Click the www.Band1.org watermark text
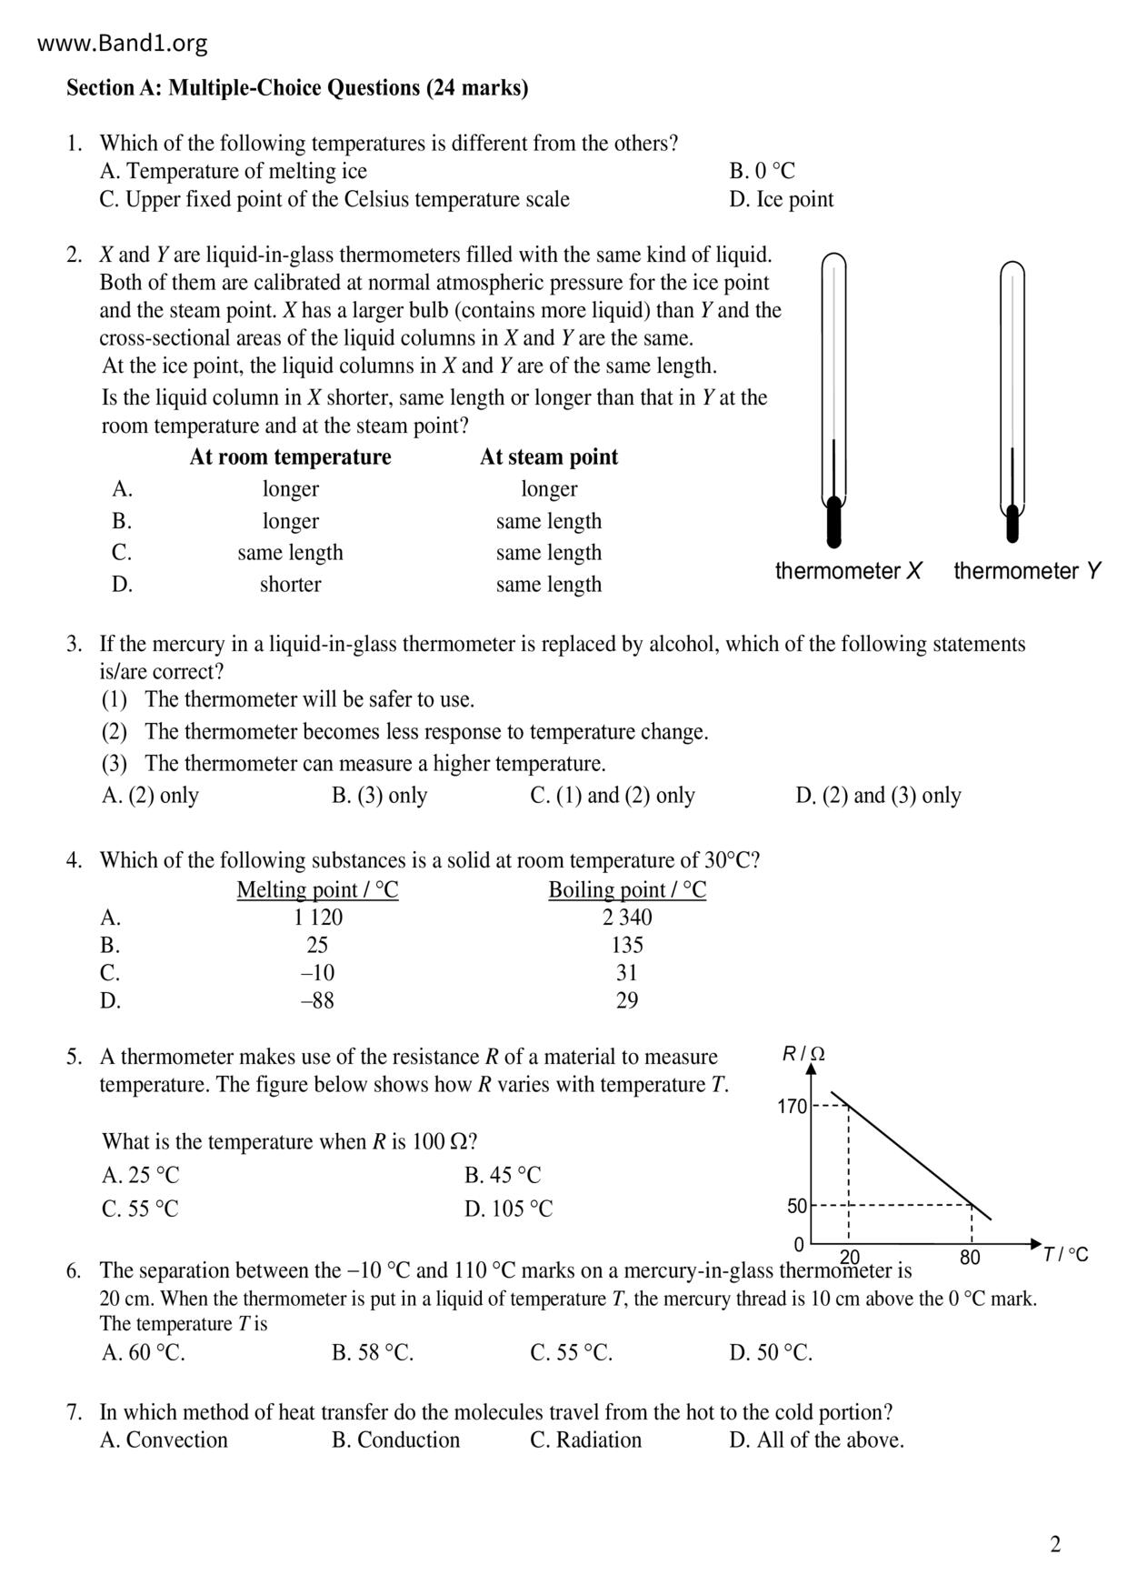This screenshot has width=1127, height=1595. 123,43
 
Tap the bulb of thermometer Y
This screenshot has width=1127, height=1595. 1012,522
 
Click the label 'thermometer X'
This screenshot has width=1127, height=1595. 848,571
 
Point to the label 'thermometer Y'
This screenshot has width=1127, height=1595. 1027,571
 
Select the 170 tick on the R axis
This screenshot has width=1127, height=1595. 792,1107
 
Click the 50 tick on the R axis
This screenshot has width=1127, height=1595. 797,1206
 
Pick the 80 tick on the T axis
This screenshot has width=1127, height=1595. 970,1258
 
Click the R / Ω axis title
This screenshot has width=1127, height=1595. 803,1054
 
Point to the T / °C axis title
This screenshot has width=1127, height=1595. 1065,1255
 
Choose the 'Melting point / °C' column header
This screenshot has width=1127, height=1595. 317,889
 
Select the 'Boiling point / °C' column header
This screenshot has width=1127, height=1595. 627,889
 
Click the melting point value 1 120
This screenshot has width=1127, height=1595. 317,917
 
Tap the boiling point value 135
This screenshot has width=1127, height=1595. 627,945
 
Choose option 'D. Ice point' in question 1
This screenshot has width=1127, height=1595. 781,199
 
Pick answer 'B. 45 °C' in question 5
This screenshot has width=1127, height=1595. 503,1175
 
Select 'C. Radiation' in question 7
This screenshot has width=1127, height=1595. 585,1440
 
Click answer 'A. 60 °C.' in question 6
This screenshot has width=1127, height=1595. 144,1352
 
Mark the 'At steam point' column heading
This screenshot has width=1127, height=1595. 549,456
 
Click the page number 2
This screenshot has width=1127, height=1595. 1055,1544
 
